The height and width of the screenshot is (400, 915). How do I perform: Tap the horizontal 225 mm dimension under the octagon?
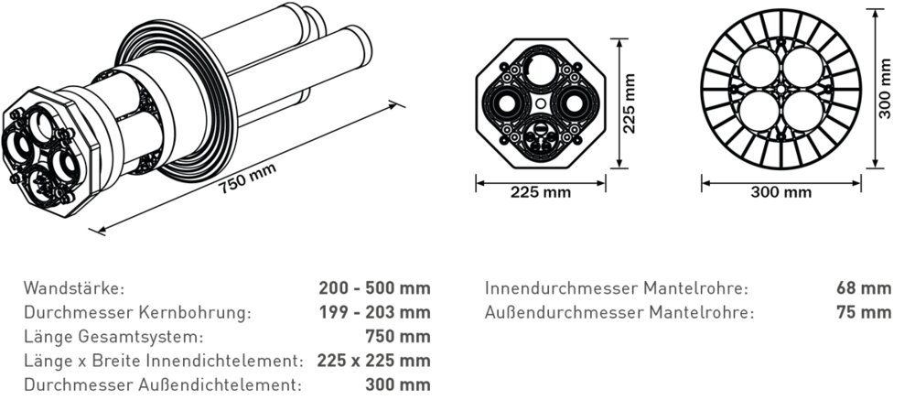[x=540, y=192]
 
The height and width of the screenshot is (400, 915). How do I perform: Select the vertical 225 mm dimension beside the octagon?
[x=629, y=104]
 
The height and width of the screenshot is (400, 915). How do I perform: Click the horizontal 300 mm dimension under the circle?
[x=781, y=192]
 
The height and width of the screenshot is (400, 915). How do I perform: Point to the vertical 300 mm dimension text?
[x=883, y=90]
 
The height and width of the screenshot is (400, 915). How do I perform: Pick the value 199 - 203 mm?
[x=374, y=312]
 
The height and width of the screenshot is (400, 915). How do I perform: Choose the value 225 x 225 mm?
[x=373, y=360]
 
